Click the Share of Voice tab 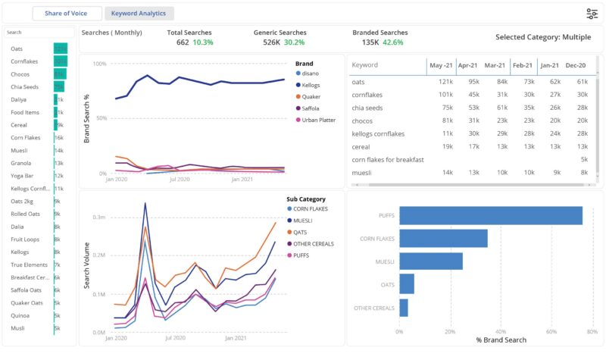[67, 14]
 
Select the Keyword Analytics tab [139, 14]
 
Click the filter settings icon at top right [592, 14]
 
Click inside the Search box [39, 33]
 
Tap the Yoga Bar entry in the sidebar [23, 175]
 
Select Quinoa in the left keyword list [21, 315]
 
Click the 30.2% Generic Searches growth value [294, 42]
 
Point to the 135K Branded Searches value [366, 42]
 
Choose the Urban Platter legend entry [318, 120]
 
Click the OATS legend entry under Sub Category [301, 231]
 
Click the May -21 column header [441, 65]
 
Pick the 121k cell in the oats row [445, 82]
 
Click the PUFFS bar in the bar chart [490, 215]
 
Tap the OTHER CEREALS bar [404, 308]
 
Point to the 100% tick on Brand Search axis [98, 64]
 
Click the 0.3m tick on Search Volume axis [99, 218]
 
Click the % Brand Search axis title [501, 340]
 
